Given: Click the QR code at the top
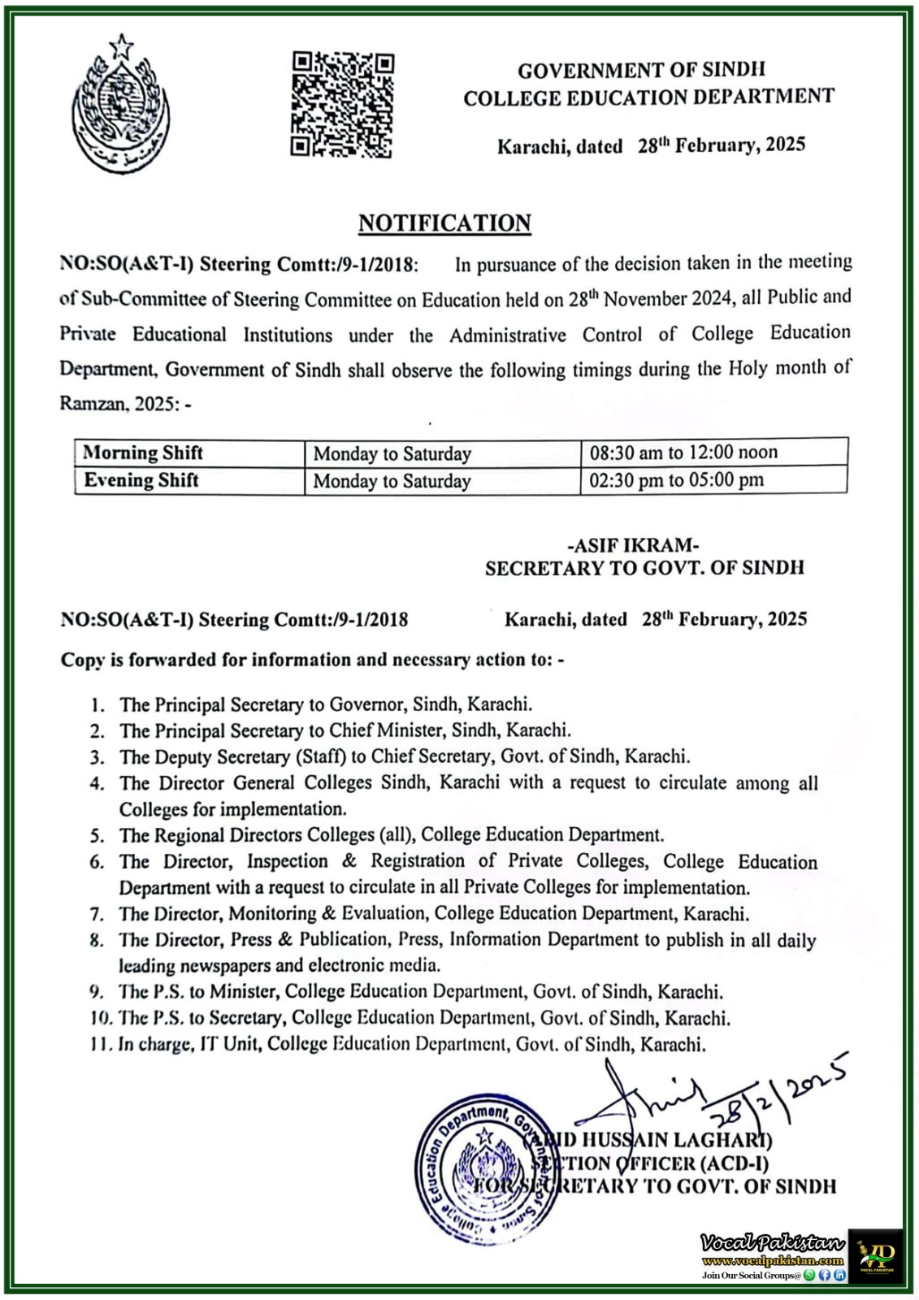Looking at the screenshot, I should (x=342, y=104).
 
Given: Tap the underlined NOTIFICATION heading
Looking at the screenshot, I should (x=444, y=223).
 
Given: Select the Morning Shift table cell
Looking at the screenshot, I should (x=143, y=453).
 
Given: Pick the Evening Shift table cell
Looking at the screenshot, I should (x=141, y=480).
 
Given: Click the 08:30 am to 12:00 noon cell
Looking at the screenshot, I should (x=683, y=453).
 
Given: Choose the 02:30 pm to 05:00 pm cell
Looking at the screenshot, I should (x=676, y=480).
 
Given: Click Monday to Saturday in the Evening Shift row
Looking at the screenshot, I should (x=392, y=481).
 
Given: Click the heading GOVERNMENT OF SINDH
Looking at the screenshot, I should (x=641, y=71).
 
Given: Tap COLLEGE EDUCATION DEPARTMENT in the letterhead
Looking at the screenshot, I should (x=648, y=97).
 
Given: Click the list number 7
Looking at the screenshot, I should (x=98, y=914).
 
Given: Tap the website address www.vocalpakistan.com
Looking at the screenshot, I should (x=773, y=1261).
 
